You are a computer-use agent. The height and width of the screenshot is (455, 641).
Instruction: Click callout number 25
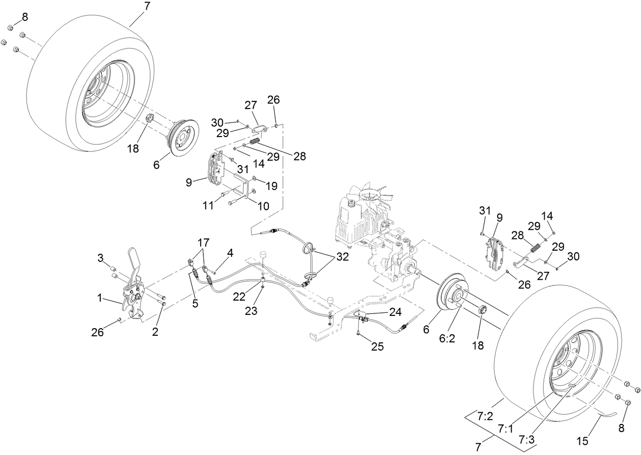point(378,346)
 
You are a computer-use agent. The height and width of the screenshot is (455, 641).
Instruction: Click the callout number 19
point(271,186)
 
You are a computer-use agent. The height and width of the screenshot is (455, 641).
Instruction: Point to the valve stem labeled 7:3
point(572,387)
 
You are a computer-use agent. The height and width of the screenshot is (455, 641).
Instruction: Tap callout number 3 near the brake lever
point(101,258)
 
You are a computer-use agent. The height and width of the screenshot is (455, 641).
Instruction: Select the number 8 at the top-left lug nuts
point(24,17)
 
